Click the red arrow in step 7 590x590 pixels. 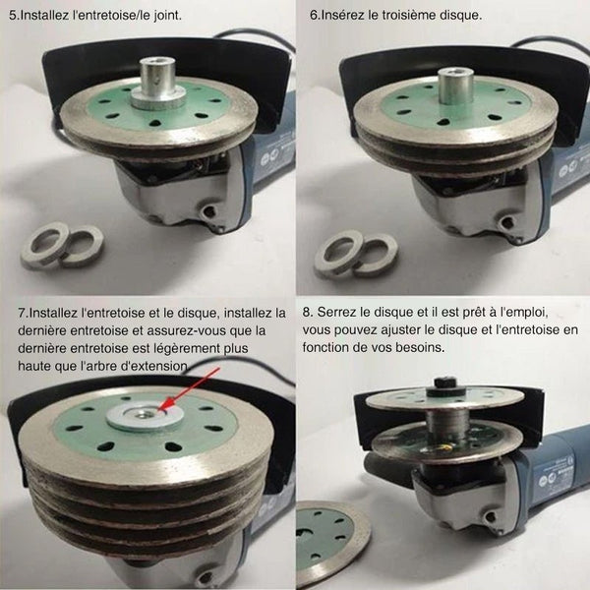point(190,389)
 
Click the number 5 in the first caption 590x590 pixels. point(13,16)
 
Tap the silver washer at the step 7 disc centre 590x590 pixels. point(145,415)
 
